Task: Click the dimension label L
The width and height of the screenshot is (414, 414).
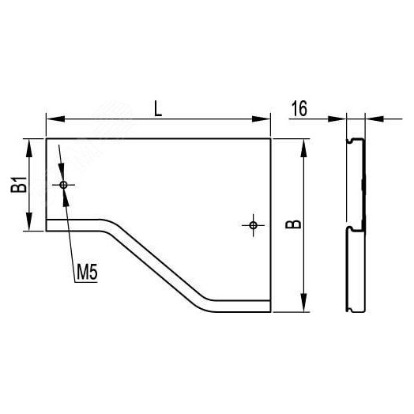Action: tap(158, 109)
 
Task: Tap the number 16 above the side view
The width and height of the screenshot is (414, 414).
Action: tap(299, 108)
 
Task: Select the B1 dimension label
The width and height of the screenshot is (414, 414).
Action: tap(19, 184)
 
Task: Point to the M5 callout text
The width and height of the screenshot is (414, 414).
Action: tap(87, 273)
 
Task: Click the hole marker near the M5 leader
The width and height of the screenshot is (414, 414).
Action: tap(63, 185)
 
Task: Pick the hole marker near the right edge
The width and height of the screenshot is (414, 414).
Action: tap(253, 225)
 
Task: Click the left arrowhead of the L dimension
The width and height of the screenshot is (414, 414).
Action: tap(55, 119)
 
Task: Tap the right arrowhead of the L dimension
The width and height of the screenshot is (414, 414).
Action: tap(262, 119)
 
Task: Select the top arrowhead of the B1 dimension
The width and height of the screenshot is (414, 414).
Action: tap(29, 148)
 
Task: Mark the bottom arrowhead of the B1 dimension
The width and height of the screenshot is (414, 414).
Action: tap(29, 222)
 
